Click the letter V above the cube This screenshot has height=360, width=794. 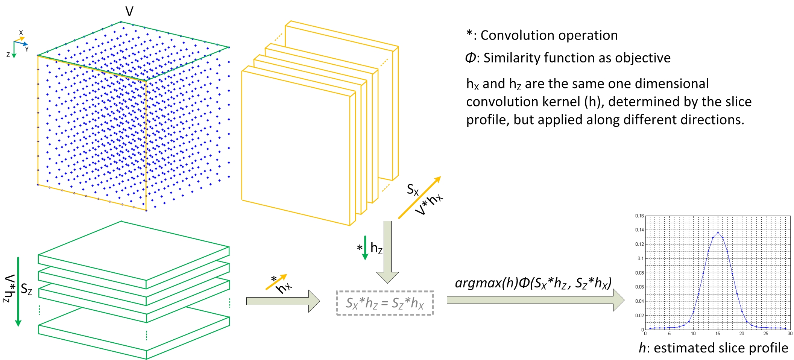[x=129, y=12]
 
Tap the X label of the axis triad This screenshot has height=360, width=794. [x=21, y=33]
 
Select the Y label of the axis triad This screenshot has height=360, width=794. [x=27, y=49]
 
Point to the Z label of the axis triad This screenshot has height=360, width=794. [x=8, y=55]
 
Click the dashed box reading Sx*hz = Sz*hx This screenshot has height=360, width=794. [x=384, y=303]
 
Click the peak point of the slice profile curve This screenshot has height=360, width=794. [x=718, y=232]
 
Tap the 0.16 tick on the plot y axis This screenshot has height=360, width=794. [x=639, y=216]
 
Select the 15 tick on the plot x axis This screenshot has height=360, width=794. [x=718, y=334]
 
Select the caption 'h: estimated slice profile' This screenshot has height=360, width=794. [x=713, y=348]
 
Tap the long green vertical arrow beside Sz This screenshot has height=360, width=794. [x=18, y=292]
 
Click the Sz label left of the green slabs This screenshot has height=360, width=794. [x=26, y=289]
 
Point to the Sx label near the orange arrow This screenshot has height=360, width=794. [x=413, y=190]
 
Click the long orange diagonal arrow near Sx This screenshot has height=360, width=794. [x=419, y=198]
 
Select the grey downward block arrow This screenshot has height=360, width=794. [x=387, y=252]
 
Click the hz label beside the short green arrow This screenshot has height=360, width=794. [x=376, y=248]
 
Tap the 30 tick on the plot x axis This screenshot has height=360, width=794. [x=789, y=334]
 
